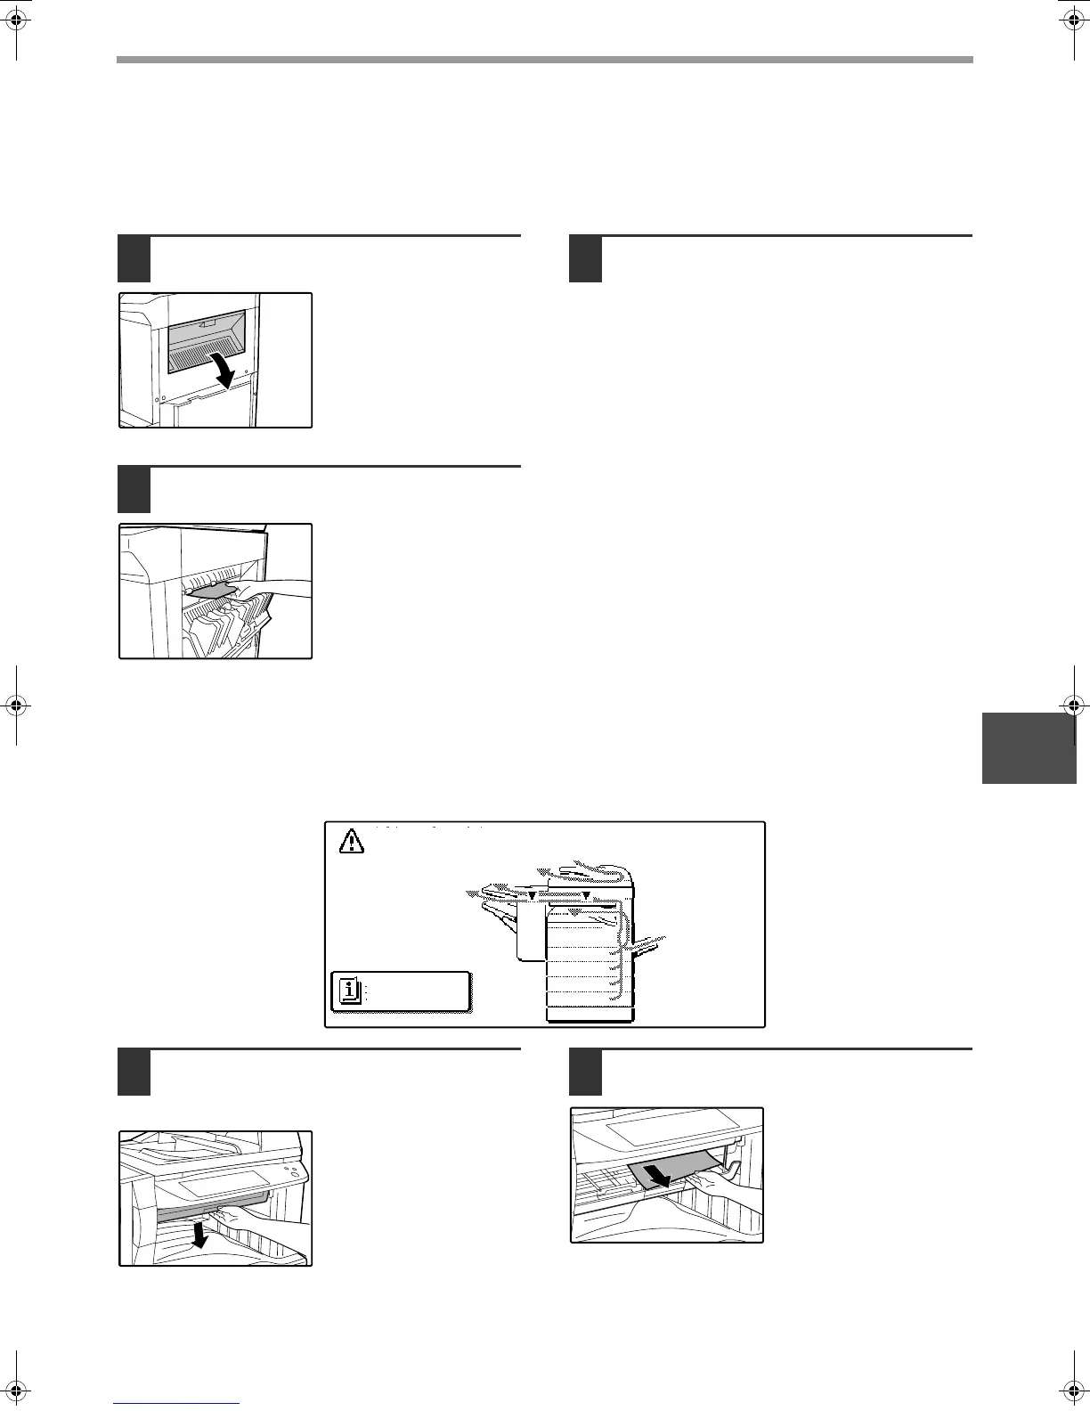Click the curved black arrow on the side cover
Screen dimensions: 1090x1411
pos(222,368)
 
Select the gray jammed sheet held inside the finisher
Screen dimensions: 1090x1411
pos(211,591)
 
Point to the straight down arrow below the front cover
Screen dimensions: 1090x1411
pos(202,1234)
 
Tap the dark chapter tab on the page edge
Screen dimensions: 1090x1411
pos(1029,747)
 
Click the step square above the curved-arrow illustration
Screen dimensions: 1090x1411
pos(135,258)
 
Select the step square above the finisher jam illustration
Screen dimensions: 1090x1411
pos(135,489)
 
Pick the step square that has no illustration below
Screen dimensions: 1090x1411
pos(586,258)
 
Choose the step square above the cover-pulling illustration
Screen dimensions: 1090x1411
pos(135,1073)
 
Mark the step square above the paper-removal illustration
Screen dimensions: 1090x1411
pos(586,1073)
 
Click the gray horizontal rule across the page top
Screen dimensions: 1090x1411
pos(544,60)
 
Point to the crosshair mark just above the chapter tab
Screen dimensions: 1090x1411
pos(1072,704)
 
